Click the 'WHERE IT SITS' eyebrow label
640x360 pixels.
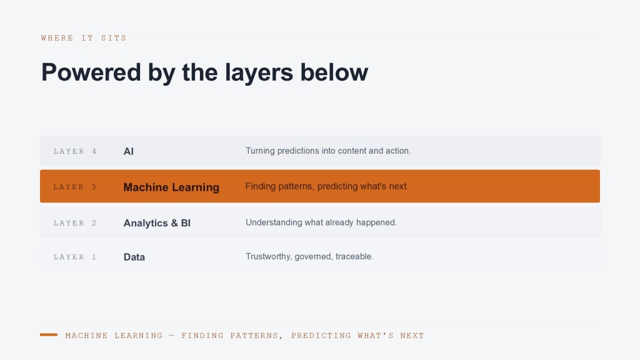pos(84,38)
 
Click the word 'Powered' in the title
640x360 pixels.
pos(91,72)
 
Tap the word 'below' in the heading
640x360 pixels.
pos(334,72)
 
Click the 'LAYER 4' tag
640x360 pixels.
pos(75,151)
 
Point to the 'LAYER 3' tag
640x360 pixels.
pos(75,187)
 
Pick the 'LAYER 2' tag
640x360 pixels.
pos(75,223)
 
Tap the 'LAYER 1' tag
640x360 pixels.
pos(75,257)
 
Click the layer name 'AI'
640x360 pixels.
pos(129,151)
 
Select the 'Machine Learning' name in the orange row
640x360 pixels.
pos(171,187)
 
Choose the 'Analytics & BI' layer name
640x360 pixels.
pos(157,223)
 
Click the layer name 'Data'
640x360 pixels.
pos(134,257)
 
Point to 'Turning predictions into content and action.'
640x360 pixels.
pos(328,151)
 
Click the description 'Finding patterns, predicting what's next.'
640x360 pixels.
pos(327,186)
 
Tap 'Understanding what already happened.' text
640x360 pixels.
pos(321,222)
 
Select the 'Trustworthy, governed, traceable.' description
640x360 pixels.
pos(309,257)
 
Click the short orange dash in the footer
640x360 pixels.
pos(49,335)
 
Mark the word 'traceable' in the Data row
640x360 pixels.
pos(354,256)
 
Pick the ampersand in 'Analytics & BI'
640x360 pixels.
pos(174,223)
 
